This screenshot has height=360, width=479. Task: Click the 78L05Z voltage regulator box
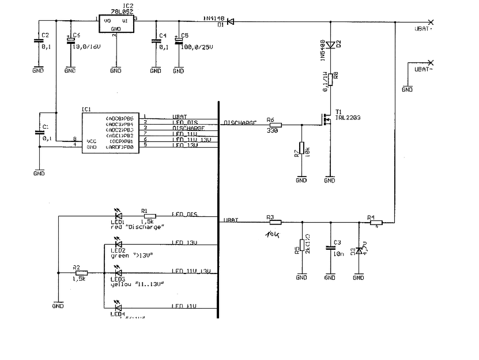tap(115, 24)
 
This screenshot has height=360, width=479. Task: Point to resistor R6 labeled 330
tap(275, 125)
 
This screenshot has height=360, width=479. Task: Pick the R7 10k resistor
tap(301, 149)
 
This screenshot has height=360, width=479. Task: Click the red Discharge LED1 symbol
tap(119, 217)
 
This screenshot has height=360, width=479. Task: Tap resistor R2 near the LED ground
tap(81, 273)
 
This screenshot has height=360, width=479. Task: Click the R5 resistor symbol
tap(301, 247)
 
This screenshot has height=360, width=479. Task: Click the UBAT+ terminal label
tap(424, 28)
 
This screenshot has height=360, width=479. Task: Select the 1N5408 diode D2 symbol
tap(330, 45)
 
